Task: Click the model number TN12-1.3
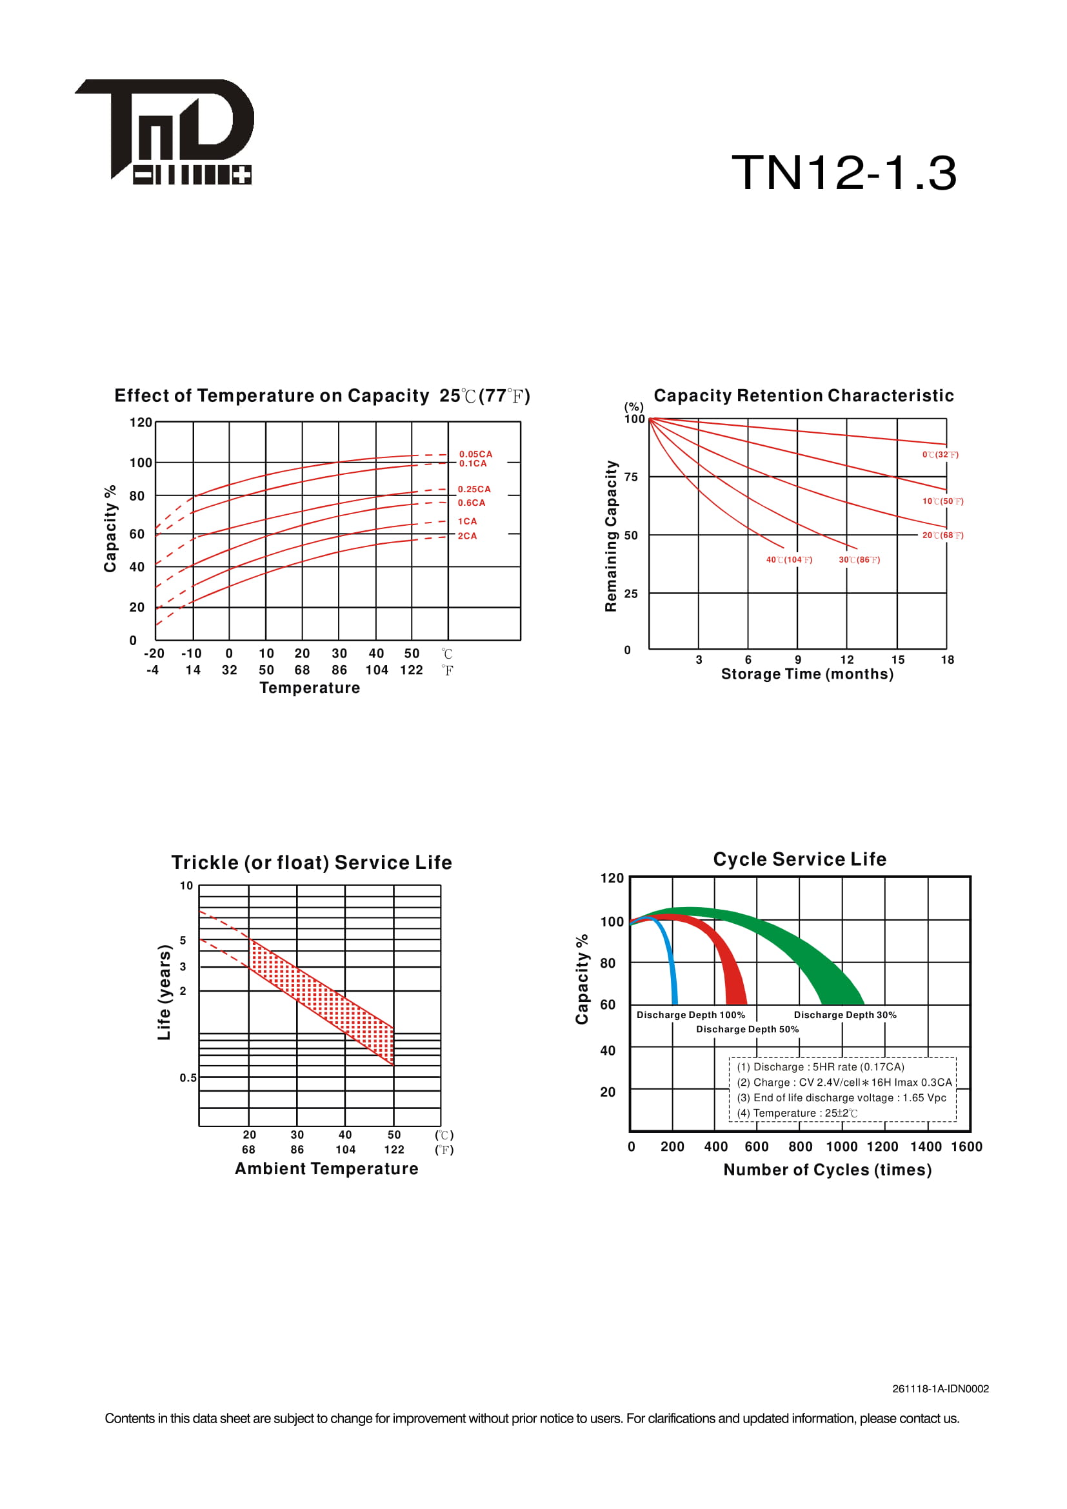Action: pos(844,173)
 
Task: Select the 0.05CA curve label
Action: pos(475,454)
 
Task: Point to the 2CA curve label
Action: pos(467,536)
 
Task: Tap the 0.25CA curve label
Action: pos(474,489)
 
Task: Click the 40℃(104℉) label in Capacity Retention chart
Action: pos(788,560)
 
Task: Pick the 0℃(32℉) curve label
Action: pos(939,455)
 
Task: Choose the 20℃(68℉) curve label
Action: pos(942,535)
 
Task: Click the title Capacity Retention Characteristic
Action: pos(803,395)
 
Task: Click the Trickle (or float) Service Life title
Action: pos(312,863)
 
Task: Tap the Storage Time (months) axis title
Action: pos(807,674)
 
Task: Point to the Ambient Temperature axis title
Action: pos(326,1168)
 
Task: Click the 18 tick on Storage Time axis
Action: pos(947,660)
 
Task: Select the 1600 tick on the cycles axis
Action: pos(966,1147)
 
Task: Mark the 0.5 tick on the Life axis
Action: pos(188,1078)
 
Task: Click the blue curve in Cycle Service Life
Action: pos(671,966)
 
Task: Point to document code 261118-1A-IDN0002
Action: pos(939,1389)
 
